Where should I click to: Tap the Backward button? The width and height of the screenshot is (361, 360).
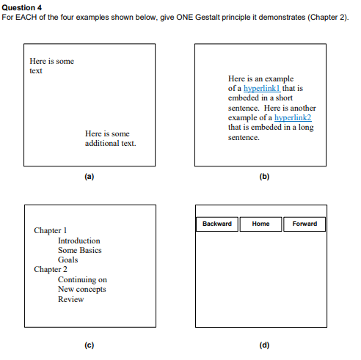pyautogui.click(x=216, y=224)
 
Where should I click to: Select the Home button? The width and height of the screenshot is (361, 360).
pyautogui.click(x=260, y=224)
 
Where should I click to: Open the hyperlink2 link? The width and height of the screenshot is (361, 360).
pyautogui.click(x=293, y=117)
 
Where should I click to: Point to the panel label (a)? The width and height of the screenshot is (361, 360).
pyautogui.click(x=90, y=177)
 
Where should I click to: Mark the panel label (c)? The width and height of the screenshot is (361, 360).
pyautogui.click(x=90, y=345)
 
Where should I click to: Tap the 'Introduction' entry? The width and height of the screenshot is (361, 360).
pyautogui.click(x=79, y=240)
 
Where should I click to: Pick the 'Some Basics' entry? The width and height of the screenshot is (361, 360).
pyautogui.click(x=80, y=250)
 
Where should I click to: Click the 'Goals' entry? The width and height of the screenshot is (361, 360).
pyautogui.click(x=68, y=260)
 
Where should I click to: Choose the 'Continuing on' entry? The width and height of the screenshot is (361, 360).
pyautogui.click(x=82, y=279)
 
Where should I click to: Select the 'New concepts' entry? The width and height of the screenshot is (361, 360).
pyautogui.click(x=82, y=289)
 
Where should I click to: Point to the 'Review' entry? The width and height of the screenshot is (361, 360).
pyautogui.click(x=71, y=298)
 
